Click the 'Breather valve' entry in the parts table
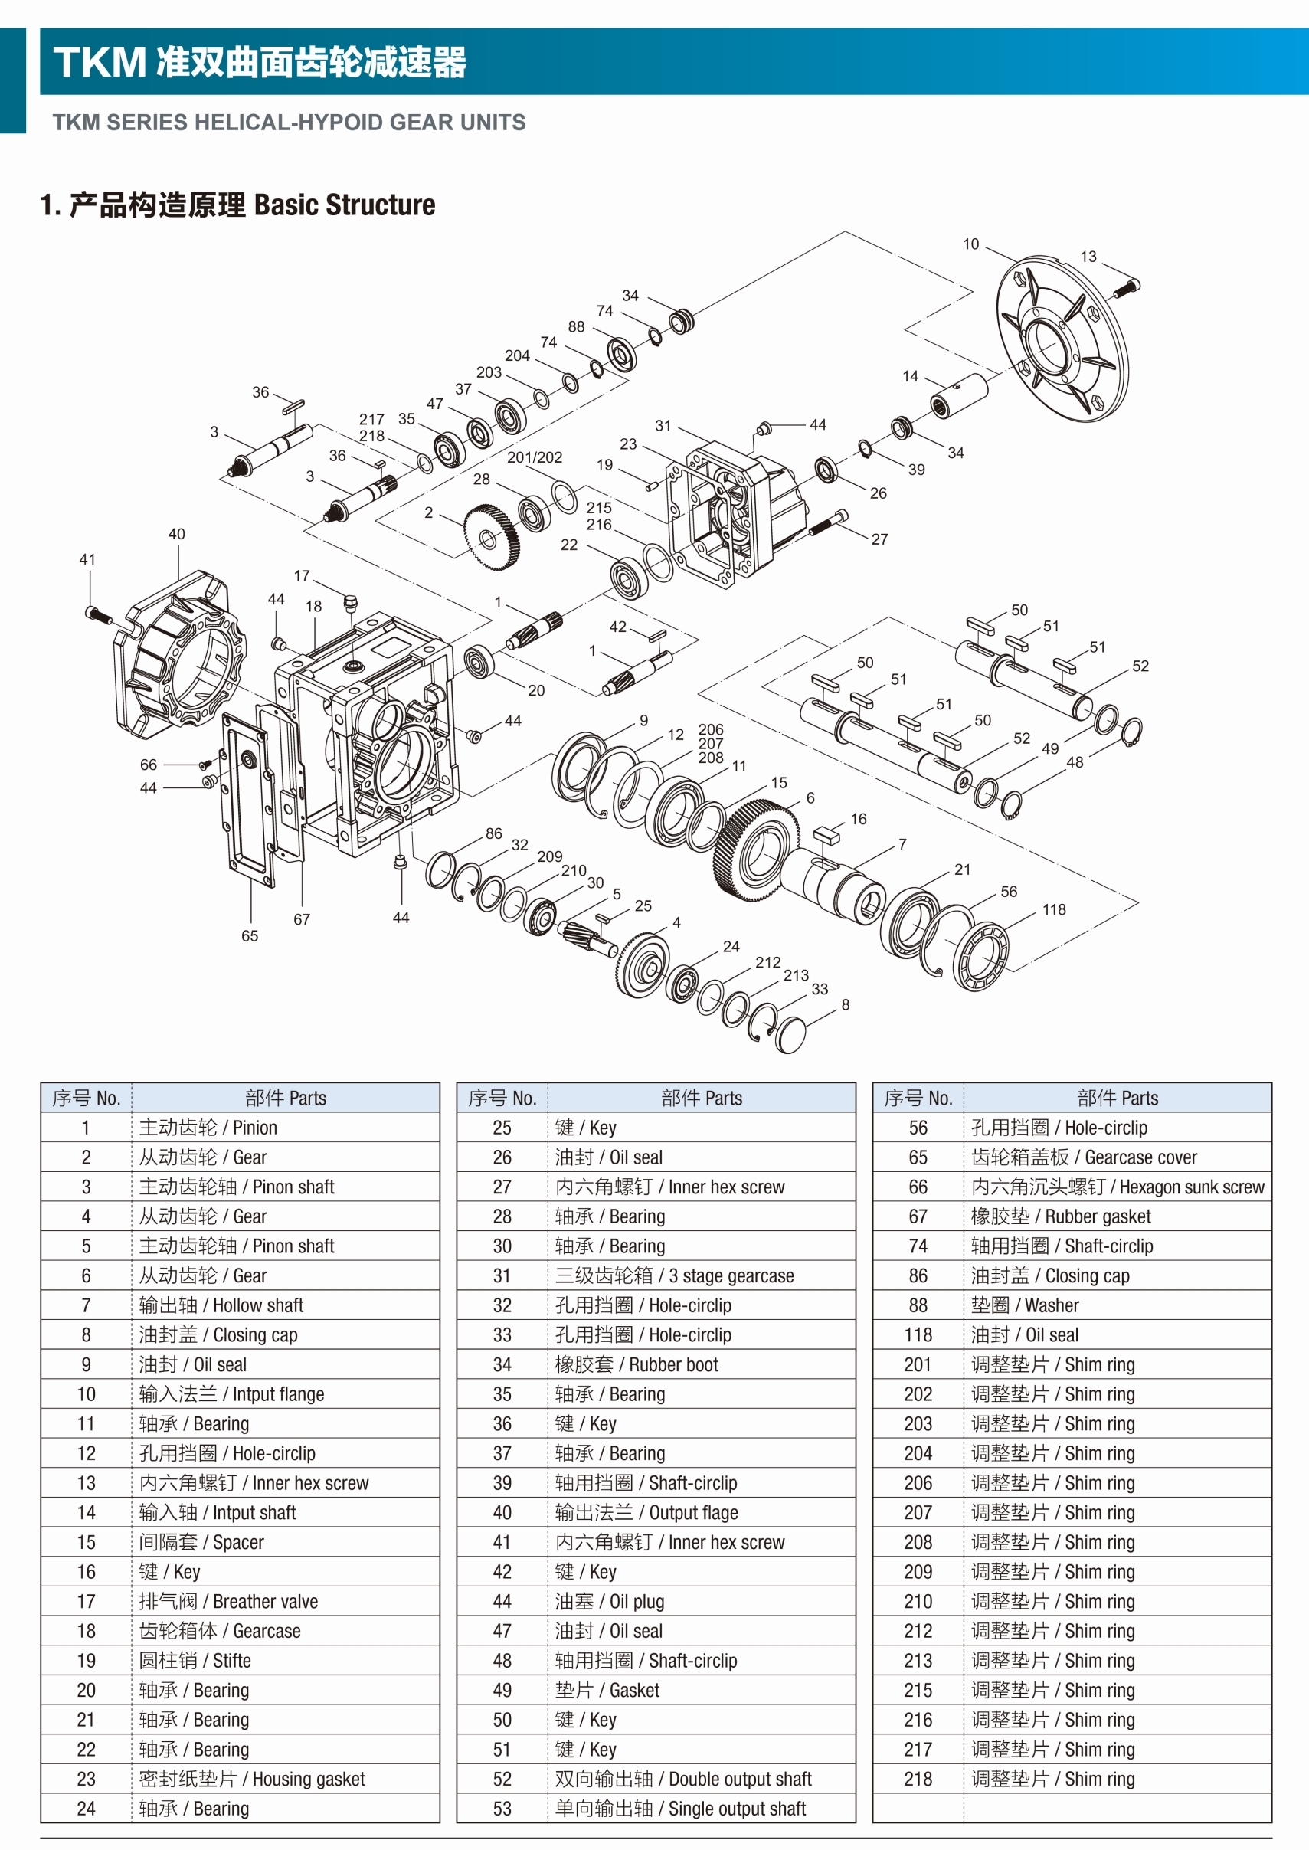pos(228,1602)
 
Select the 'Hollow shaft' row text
pos(221,1305)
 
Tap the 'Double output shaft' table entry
pos(682,1779)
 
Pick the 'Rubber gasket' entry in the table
pos(1061,1216)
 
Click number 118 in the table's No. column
pos(918,1335)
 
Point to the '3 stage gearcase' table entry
pos(674,1276)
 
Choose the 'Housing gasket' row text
pos(251,1779)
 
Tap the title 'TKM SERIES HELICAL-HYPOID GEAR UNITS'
pos(289,123)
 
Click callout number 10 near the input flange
pos(970,244)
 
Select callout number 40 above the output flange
pos(176,534)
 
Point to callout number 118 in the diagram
pos(1053,909)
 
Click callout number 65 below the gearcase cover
pos(250,936)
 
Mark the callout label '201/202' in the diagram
pos(535,457)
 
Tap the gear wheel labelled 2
pos(491,537)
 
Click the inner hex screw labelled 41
pos(98,616)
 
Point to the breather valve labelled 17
pos(350,601)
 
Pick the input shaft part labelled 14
pos(959,395)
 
